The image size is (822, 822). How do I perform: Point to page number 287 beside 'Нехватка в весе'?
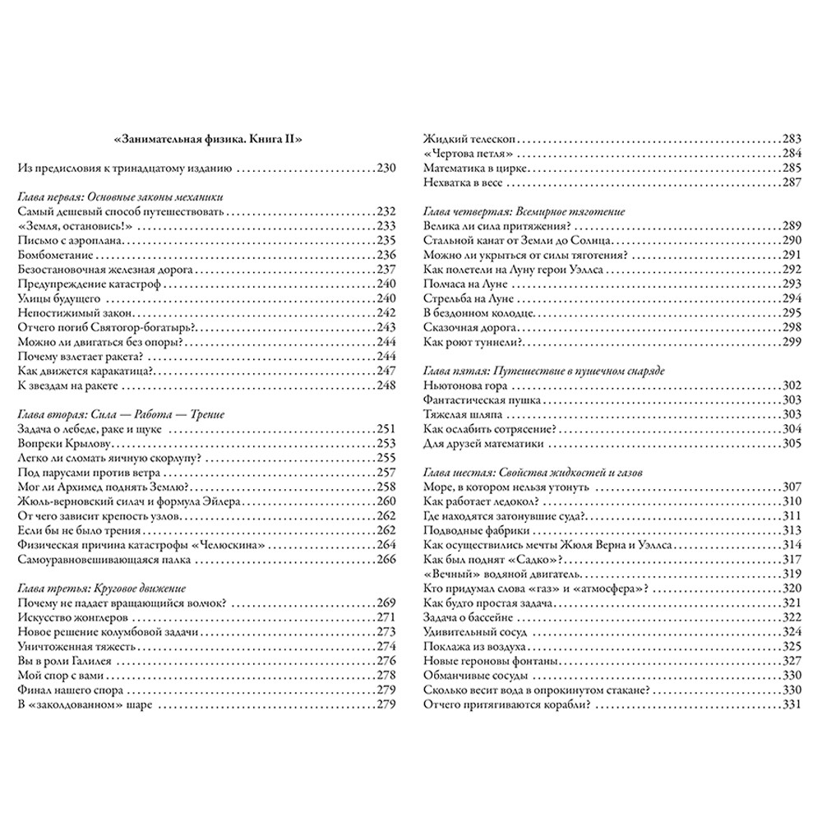click(789, 182)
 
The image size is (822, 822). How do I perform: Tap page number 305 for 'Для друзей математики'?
click(789, 444)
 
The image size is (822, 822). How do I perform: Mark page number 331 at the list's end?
click(789, 705)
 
